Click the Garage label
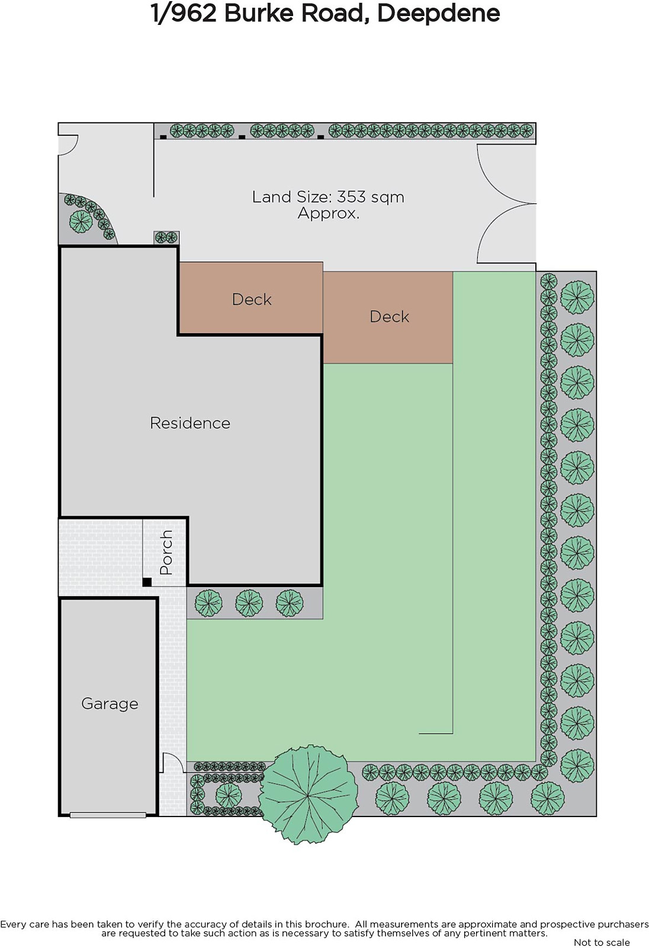point(110,704)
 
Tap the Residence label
point(190,423)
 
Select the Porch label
point(166,552)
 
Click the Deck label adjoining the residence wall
point(252,300)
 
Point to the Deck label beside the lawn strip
point(389,316)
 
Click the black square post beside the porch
point(147,582)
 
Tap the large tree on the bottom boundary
point(308,795)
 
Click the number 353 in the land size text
point(351,197)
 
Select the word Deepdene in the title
point(438,13)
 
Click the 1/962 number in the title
point(184,14)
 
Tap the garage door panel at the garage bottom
point(108,815)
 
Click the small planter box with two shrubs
point(166,238)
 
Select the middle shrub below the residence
point(249,603)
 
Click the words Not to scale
point(602,943)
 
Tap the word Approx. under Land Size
point(328,213)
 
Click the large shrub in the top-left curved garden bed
point(81,222)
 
